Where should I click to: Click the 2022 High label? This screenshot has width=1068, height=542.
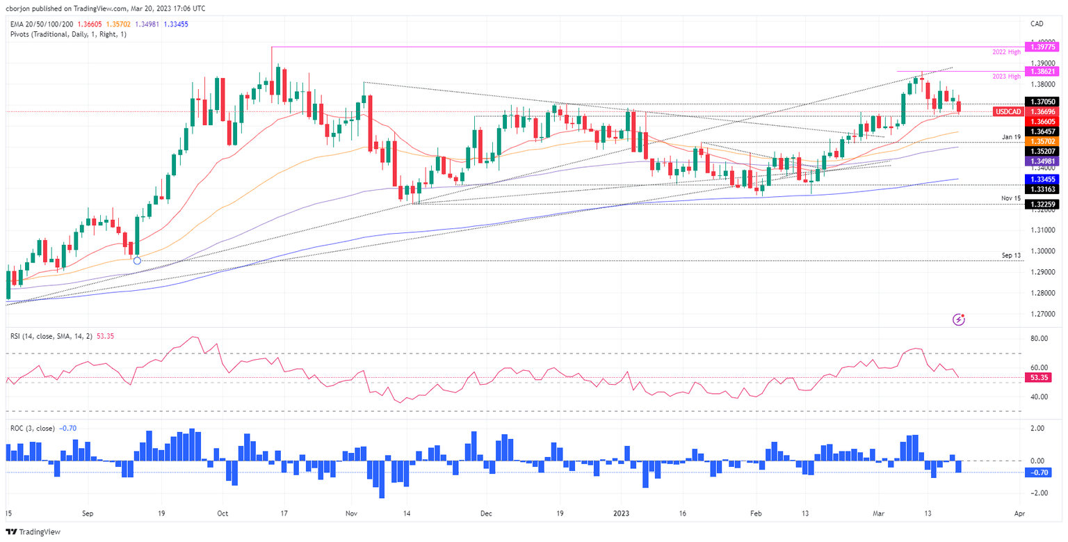[1006, 52]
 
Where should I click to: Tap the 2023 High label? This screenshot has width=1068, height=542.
[1006, 77]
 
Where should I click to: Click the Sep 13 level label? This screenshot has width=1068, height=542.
[1011, 255]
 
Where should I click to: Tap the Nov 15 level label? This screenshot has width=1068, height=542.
[1011, 198]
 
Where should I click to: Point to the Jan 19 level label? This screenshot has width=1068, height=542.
[1011, 136]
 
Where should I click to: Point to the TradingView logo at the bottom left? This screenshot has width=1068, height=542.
[34, 532]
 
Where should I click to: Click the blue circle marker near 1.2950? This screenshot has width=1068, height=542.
[137, 260]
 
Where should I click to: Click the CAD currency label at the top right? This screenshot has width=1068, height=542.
[1038, 24]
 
